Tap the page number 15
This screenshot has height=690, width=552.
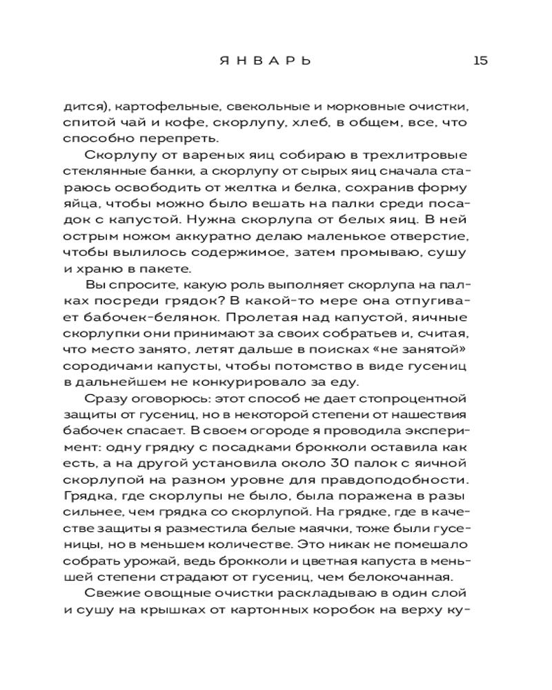480,60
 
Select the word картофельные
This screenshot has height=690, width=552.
161,108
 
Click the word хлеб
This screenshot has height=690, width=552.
306,125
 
